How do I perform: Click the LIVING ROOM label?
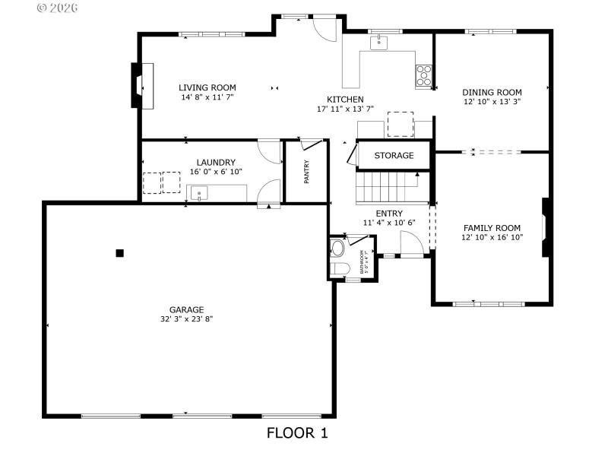pos(207,87)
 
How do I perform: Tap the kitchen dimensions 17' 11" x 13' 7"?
pos(345,109)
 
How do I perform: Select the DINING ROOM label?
pos(492,92)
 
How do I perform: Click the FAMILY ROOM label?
pos(492,227)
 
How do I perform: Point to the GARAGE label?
pos(186,309)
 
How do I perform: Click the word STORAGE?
pos(394,156)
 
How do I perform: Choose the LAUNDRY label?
pos(215,162)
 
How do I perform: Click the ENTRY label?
pos(389,213)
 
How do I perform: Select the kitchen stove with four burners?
pos(423,74)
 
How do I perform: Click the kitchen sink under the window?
pos(379,43)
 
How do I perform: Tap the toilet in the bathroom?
pos(339,268)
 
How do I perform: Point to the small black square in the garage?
pos(119,253)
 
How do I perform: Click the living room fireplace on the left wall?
pos(138,86)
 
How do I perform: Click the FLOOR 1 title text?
pos(296,433)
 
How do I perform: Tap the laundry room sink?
pos(199,195)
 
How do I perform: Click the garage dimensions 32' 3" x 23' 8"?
pos(186,319)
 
